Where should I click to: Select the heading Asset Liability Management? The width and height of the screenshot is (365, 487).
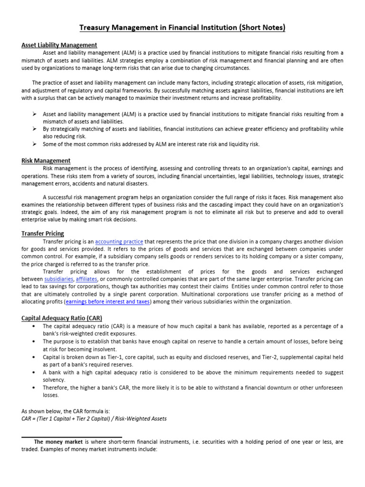(59, 45)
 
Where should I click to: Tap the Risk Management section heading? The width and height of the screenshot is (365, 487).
(46, 161)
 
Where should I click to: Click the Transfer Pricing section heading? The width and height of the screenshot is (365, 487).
(42, 234)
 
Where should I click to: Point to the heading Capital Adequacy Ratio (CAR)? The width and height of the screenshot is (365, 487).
(61, 318)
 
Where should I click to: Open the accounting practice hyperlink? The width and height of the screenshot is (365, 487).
(119, 242)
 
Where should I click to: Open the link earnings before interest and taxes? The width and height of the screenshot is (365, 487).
(108, 302)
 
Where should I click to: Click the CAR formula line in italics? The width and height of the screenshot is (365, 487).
(94, 419)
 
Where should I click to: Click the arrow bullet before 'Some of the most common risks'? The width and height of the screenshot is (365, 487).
(35, 144)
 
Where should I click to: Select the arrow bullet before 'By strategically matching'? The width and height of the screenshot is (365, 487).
(35, 129)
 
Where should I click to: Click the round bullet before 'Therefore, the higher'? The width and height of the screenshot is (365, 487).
(35, 388)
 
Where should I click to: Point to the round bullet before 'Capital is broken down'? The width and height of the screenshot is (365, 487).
(35, 357)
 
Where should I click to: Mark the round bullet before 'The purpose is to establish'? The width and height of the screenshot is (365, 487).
(35, 342)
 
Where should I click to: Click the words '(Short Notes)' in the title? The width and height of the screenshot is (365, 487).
(263, 28)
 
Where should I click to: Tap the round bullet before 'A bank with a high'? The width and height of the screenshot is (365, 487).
(35, 372)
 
